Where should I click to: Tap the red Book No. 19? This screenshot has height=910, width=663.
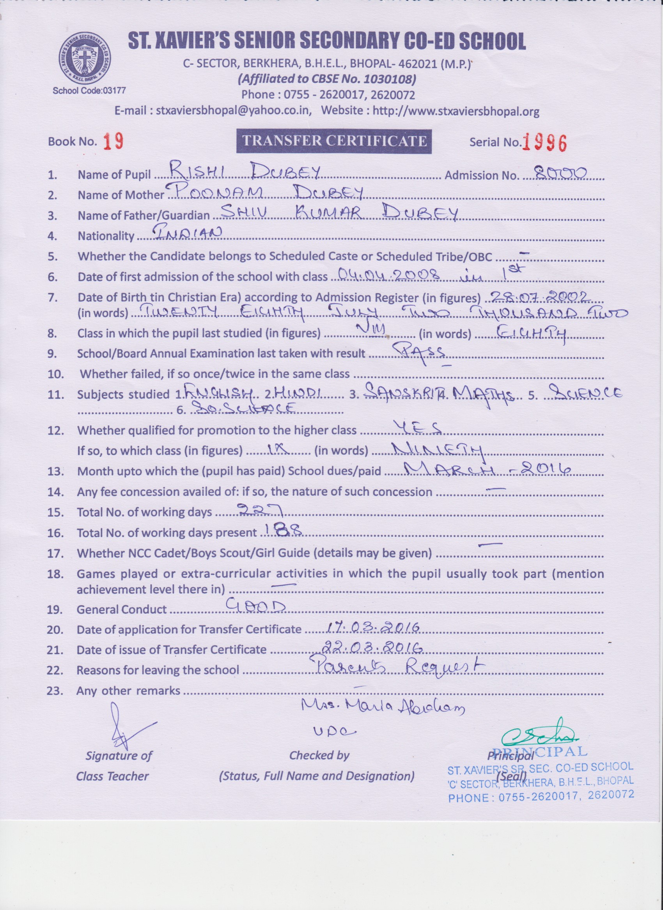tap(113, 141)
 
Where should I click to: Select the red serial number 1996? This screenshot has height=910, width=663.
tap(544, 142)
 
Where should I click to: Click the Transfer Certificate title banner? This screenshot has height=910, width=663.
tap(334, 141)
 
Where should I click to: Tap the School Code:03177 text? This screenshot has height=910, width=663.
tap(89, 91)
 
